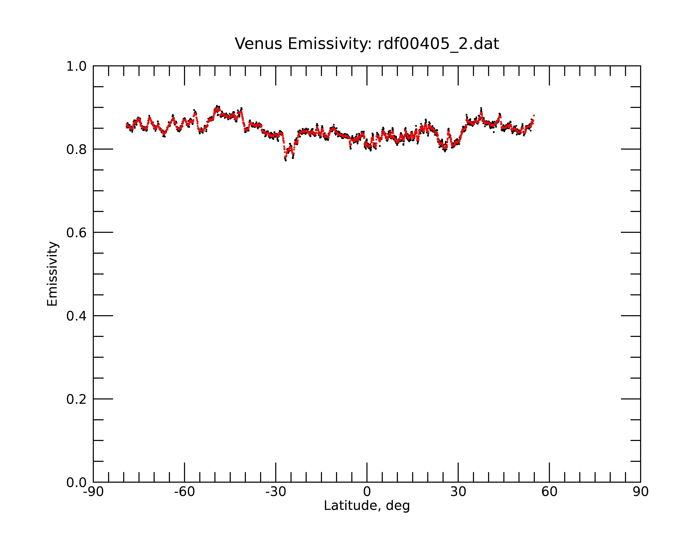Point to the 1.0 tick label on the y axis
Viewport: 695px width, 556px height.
point(76,66)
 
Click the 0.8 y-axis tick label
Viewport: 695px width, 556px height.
point(76,150)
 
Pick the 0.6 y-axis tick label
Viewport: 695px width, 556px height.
point(76,233)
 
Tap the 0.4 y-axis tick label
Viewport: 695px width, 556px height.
point(76,316)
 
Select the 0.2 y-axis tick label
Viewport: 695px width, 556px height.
point(76,399)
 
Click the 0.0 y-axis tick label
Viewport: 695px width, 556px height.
point(76,483)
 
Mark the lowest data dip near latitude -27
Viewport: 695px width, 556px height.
point(286,160)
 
